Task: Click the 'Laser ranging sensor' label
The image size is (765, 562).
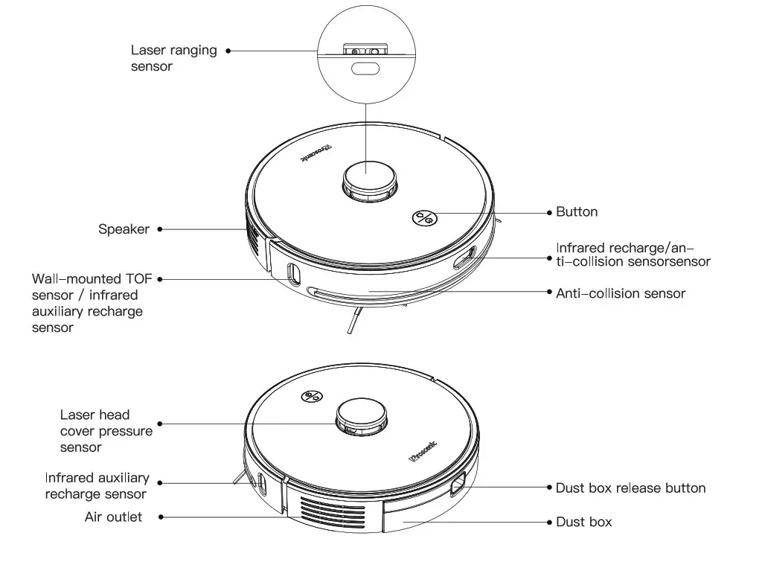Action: pyautogui.click(x=173, y=58)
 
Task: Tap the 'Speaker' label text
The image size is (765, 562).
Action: pyautogui.click(x=124, y=229)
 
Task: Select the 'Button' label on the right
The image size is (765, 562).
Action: pyautogui.click(x=577, y=212)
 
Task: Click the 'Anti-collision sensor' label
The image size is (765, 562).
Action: pyautogui.click(x=621, y=293)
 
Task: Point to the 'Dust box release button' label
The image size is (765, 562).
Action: pyautogui.click(x=630, y=488)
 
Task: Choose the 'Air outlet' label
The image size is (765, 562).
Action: pyautogui.click(x=113, y=517)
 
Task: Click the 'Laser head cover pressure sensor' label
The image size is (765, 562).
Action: pyautogui.click(x=106, y=431)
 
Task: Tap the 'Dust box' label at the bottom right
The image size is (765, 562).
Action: pyautogui.click(x=584, y=522)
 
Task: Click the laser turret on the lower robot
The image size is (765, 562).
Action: pyautogui.click(x=362, y=415)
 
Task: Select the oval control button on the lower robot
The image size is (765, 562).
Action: pyautogui.click(x=312, y=397)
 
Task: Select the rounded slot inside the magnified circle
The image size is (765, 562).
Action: pyautogui.click(x=365, y=69)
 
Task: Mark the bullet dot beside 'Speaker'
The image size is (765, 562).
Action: pyautogui.click(x=160, y=229)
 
